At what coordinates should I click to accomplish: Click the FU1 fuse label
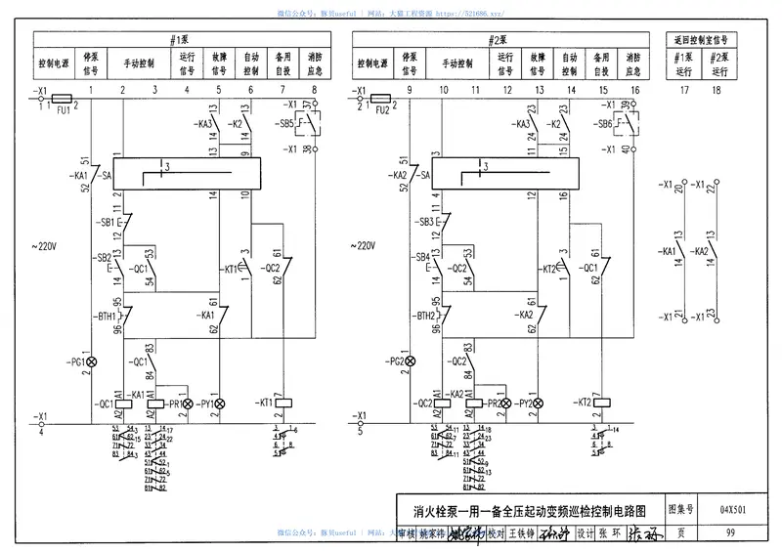click(63, 111)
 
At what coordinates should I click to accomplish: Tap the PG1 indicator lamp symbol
click(93, 362)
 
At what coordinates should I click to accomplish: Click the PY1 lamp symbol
click(220, 403)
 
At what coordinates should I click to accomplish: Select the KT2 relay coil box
click(601, 403)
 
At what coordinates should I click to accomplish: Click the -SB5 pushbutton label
click(285, 124)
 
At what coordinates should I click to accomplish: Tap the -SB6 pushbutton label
click(603, 124)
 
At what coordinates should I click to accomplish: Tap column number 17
click(684, 91)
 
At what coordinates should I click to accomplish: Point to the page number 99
click(731, 532)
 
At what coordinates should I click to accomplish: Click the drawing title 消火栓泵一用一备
click(529, 510)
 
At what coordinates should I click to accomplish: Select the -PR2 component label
click(494, 403)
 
